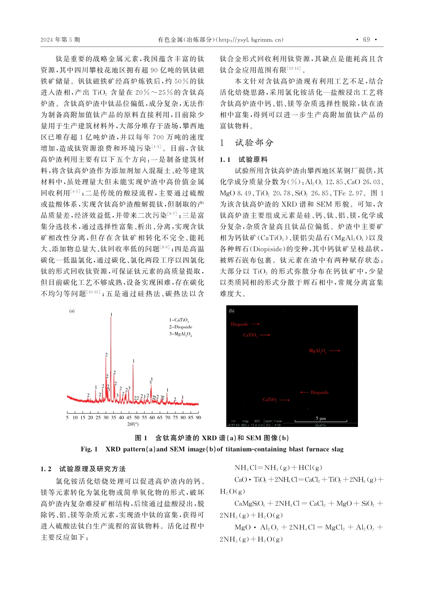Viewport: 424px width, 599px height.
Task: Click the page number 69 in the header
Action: click(x=366, y=40)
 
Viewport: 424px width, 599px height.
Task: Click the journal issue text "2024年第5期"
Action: click(x=60, y=40)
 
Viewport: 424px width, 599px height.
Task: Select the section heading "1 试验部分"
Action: click(x=246, y=143)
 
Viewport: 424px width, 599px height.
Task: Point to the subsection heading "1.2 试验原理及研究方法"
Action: click(x=83, y=469)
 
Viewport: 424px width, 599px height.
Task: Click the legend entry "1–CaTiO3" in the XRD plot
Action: click(x=179, y=320)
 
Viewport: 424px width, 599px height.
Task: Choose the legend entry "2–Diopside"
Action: click(x=180, y=327)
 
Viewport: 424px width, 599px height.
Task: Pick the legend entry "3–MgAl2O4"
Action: click(x=180, y=334)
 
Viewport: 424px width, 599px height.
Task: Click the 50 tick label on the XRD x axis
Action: click(x=137, y=418)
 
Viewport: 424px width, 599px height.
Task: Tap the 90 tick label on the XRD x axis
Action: click(x=198, y=418)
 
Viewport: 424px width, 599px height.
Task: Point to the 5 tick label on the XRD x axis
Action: click(x=67, y=418)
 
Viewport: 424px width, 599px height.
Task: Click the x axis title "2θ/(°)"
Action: click(x=133, y=424)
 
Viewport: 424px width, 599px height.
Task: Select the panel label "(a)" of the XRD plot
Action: click(x=72, y=311)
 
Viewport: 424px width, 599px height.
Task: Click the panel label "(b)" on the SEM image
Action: click(x=232, y=311)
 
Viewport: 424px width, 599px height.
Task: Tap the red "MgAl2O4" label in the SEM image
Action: click(x=318, y=351)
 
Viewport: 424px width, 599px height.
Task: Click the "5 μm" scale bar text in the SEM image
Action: click(x=320, y=418)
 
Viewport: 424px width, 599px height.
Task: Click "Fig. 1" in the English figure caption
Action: click(x=89, y=449)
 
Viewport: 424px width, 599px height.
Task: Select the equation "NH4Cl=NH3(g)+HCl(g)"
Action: click(x=279, y=468)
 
